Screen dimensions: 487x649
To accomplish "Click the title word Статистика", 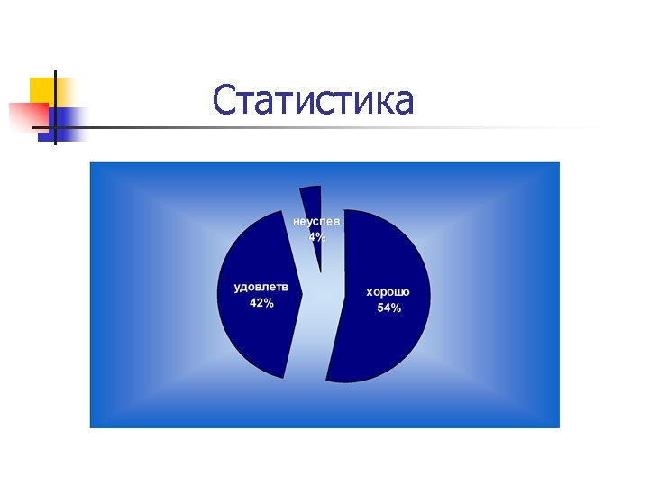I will [314, 101].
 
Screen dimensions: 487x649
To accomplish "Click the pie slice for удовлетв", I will [257, 334].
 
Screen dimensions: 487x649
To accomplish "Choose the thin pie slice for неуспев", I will [312, 203].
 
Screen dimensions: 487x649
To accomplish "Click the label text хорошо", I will [388, 292].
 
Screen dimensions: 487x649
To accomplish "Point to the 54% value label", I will [389, 308].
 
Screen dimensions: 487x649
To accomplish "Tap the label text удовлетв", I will [261, 288].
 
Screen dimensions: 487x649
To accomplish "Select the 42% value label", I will [261, 303].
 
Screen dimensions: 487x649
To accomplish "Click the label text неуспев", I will [316, 221].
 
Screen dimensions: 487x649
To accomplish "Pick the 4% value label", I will [317, 237].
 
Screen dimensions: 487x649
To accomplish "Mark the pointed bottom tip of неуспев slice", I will [320, 271].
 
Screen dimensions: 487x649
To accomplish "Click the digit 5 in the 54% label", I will [381, 308].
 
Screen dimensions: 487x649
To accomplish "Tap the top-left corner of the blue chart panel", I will [91, 163].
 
